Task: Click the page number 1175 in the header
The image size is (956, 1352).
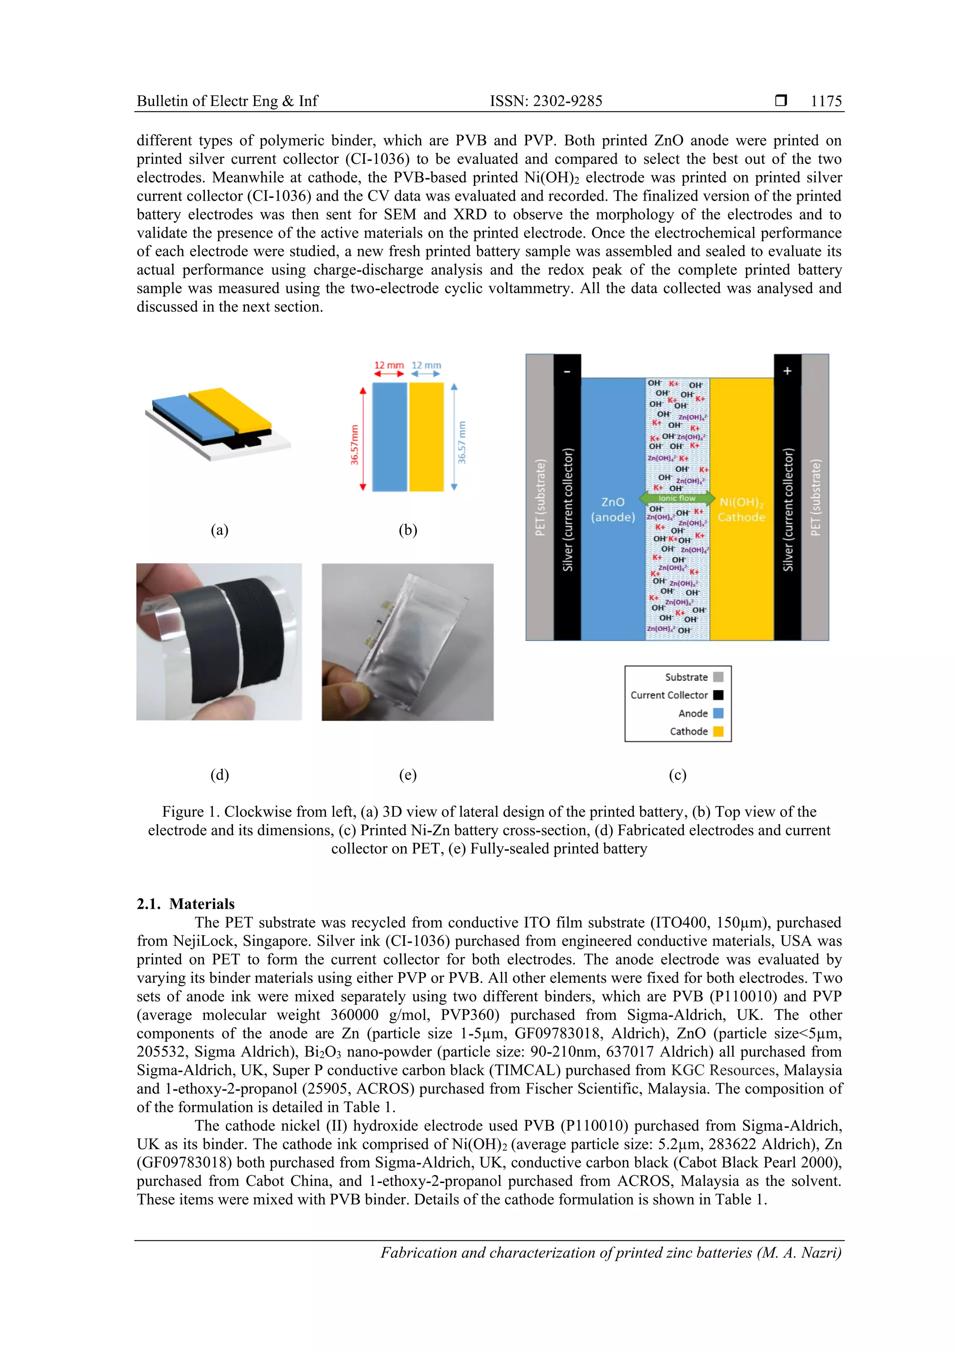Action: click(x=826, y=101)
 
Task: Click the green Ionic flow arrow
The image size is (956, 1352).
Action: click(x=677, y=498)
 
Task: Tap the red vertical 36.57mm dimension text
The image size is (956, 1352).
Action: click(x=355, y=445)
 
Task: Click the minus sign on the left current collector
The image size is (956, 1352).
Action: click(x=567, y=371)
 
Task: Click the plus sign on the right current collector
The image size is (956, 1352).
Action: click(x=787, y=371)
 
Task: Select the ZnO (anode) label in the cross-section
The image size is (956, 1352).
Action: click(x=612, y=509)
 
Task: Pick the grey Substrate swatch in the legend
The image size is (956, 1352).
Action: click(x=718, y=677)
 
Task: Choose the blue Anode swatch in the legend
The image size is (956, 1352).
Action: click(x=718, y=713)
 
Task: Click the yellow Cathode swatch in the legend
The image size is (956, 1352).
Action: click(x=718, y=731)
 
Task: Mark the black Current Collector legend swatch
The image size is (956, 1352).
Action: click(x=718, y=695)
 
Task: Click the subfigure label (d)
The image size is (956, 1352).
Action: click(x=220, y=774)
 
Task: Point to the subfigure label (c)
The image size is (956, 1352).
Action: click(x=677, y=774)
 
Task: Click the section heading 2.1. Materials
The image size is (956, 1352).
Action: click(x=185, y=904)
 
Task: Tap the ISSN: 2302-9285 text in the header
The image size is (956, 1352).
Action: click(x=546, y=101)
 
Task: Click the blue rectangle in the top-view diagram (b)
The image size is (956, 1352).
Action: click(x=389, y=436)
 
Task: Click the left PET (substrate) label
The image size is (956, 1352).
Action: click(x=540, y=497)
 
